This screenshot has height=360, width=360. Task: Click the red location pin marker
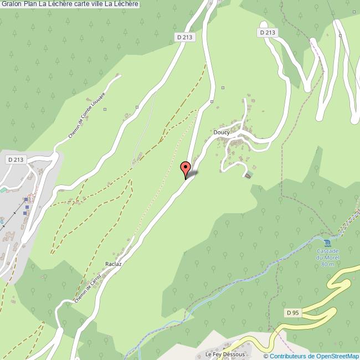click(x=186, y=168)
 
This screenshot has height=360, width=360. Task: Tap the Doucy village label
click(x=222, y=132)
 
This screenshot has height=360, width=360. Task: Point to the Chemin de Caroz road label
click(x=88, y=286)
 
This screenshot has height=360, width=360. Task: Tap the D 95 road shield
click(x=293, y=313)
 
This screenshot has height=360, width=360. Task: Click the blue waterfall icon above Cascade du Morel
click(x=327, y=243)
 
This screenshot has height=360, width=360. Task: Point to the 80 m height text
click(x=328, y=264)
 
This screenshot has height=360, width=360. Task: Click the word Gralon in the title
click(x=12, y=5)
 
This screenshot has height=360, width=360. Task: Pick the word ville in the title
click(x=102, y=5)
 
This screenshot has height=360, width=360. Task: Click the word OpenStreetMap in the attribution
click(x=336, y=356)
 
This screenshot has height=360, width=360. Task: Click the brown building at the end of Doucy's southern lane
click(x=248, y=175)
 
